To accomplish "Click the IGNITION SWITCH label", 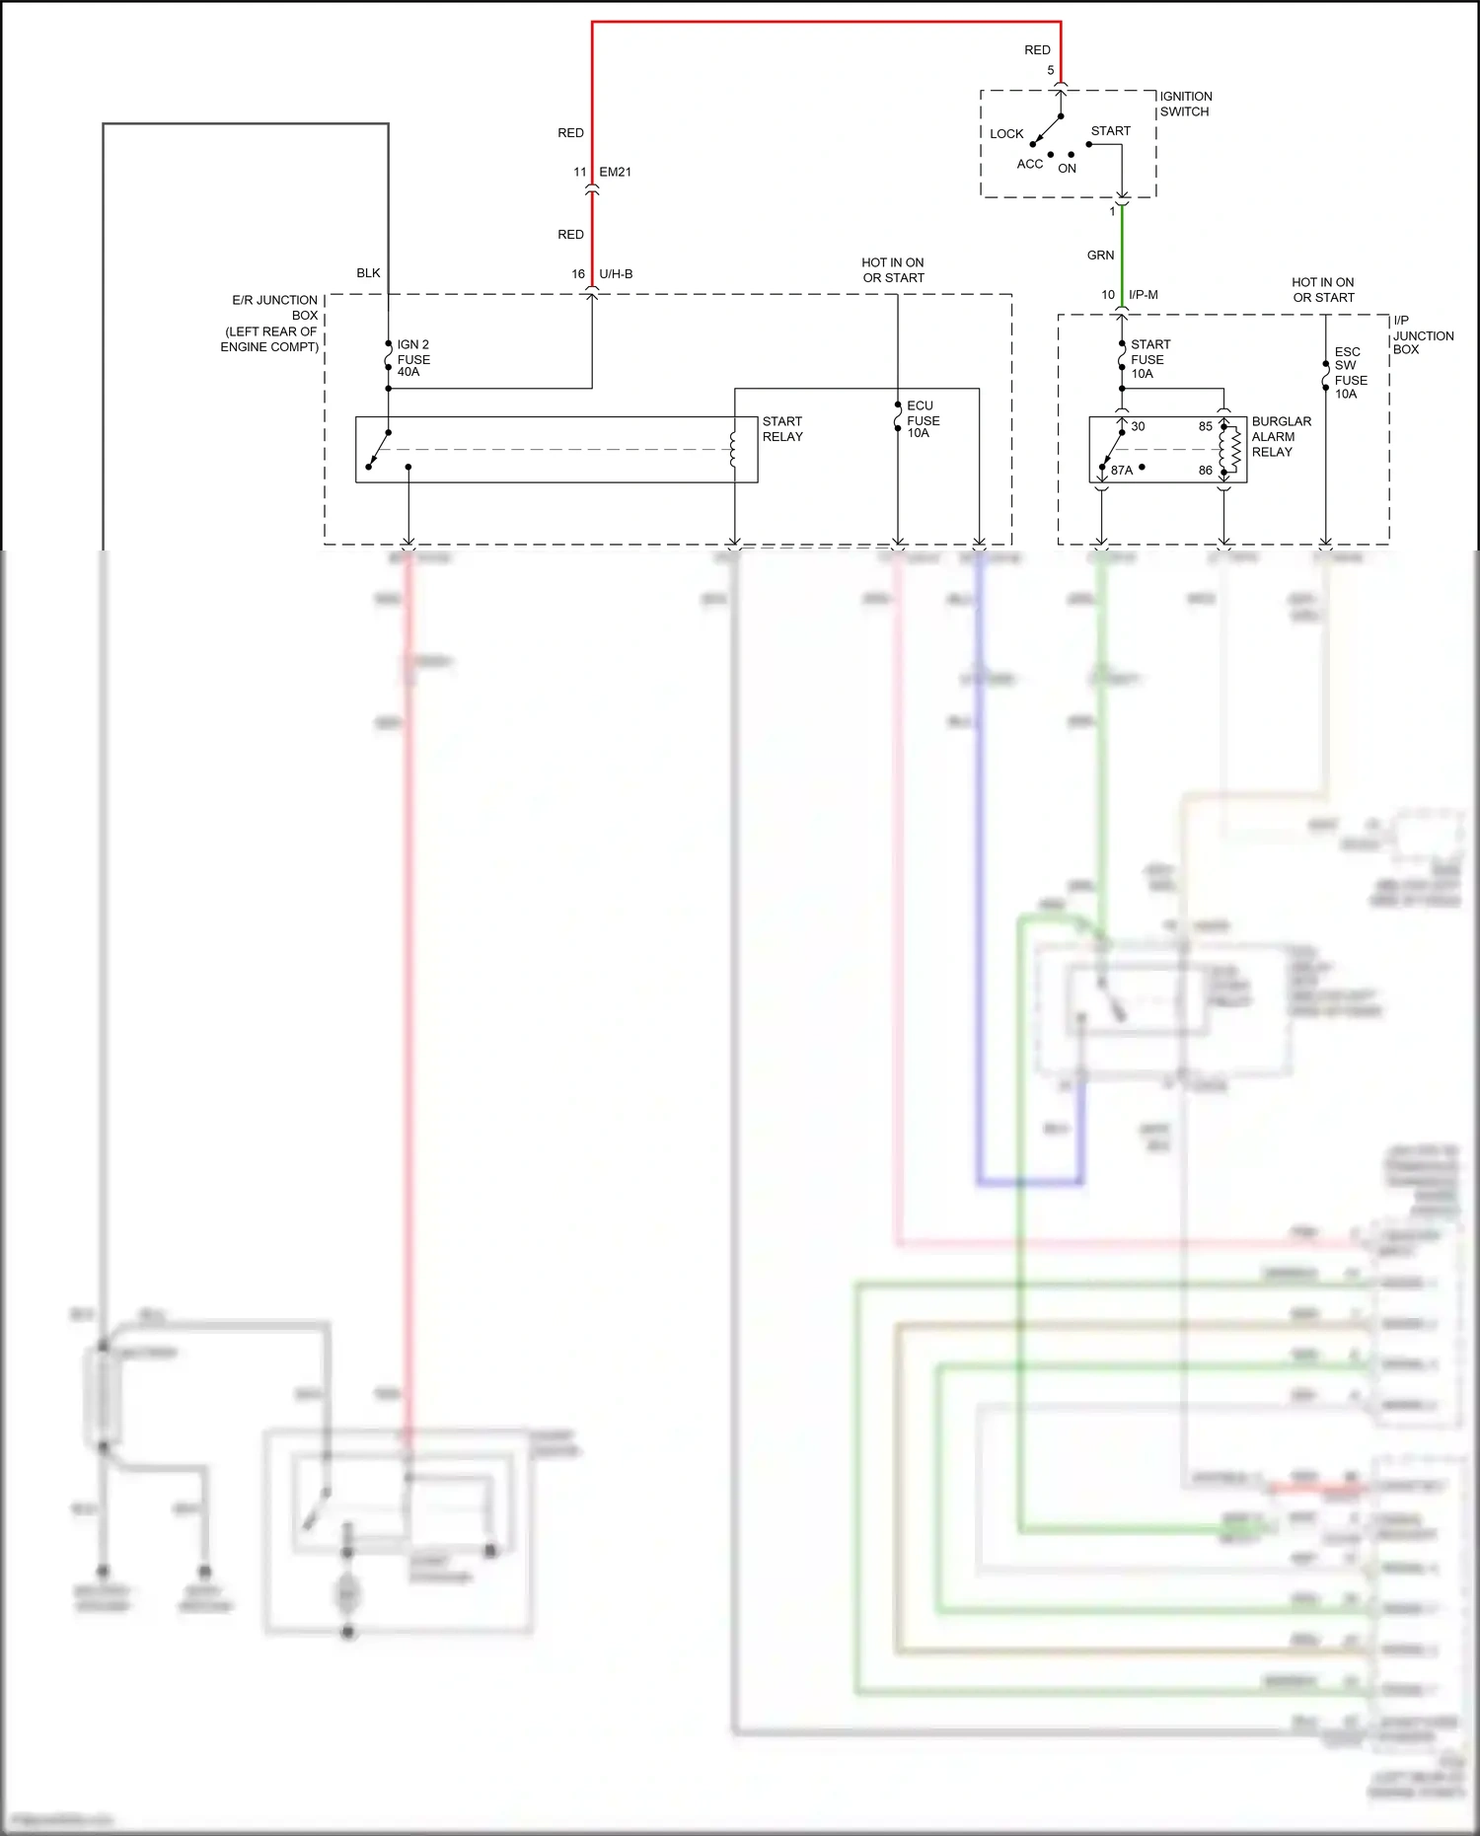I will (1185, 104).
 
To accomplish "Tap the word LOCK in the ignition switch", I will (1006, 134).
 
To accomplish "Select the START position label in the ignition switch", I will (1110, 131).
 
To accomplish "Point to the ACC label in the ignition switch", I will (1029, 165).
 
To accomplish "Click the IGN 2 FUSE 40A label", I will (413, 358).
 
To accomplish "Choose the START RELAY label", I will (782, 429).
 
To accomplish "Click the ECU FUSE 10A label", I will (923, 419).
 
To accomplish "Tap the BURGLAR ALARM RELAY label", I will (1281, 436).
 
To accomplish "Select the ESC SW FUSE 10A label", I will (1350, 373).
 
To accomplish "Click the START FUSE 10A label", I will (1149, 359).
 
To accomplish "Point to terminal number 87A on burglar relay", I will (1122, 471).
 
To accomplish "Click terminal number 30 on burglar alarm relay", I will (1138, 427).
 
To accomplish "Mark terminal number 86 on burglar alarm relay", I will (1205, 471).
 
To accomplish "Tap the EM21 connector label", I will (615, 172).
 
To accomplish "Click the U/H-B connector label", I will (616, 274).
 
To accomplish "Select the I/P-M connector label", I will (1143, 295).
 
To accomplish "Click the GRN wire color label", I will (1100, 256).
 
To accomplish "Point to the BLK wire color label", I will (368, 273).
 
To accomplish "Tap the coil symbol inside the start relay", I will (732, 449).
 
